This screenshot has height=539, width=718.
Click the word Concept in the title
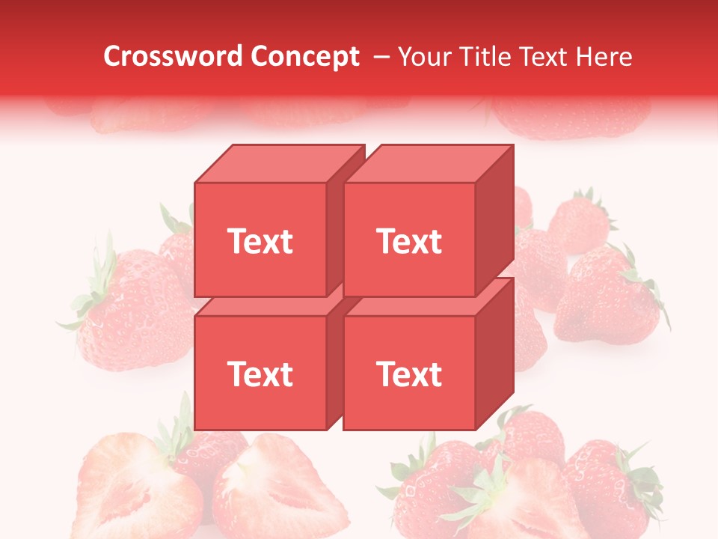(x=305, y=57)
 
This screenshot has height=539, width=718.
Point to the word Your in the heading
(x=423, y=57)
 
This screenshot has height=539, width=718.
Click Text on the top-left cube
(x=260, y=241)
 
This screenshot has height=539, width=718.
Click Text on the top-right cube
(x=409, y=241)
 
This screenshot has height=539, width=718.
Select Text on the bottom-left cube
(x=260, y=374)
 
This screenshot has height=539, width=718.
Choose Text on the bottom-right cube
(x=409, y=374)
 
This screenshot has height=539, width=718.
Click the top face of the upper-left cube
(x=278, y=163)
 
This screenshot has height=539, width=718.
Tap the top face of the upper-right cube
(x=428, y=163)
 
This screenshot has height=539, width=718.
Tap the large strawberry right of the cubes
(x=606, y=296)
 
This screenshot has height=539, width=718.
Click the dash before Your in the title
(x=381, y=57)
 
